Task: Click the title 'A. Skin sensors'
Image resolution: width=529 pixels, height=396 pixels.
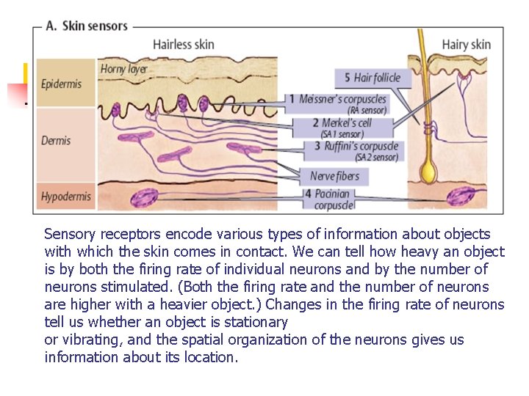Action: pyautogui.click(x=86, y=26)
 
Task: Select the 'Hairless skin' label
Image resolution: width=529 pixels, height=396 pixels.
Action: pyautogui.click(x=183, y=45)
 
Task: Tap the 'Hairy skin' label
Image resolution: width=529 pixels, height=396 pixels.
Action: pyautogui.click(x=466, y=45)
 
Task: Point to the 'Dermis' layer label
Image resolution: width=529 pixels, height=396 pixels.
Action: pyautogui.click(x=56, y=140)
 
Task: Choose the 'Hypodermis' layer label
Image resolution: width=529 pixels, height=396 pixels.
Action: pyautogui.click(x=66, y=197)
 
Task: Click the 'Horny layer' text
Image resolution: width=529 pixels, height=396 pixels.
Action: pyautogui.click(x=124, y=69)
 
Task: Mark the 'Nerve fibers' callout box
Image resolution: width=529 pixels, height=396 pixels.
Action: pyautogui.click(x=335, y=176)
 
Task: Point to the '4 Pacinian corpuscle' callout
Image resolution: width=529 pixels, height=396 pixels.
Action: pyautogui.click(x=333, y=199)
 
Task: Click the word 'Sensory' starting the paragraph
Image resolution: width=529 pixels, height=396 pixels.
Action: pyautogui.click(x=68, y=235)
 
